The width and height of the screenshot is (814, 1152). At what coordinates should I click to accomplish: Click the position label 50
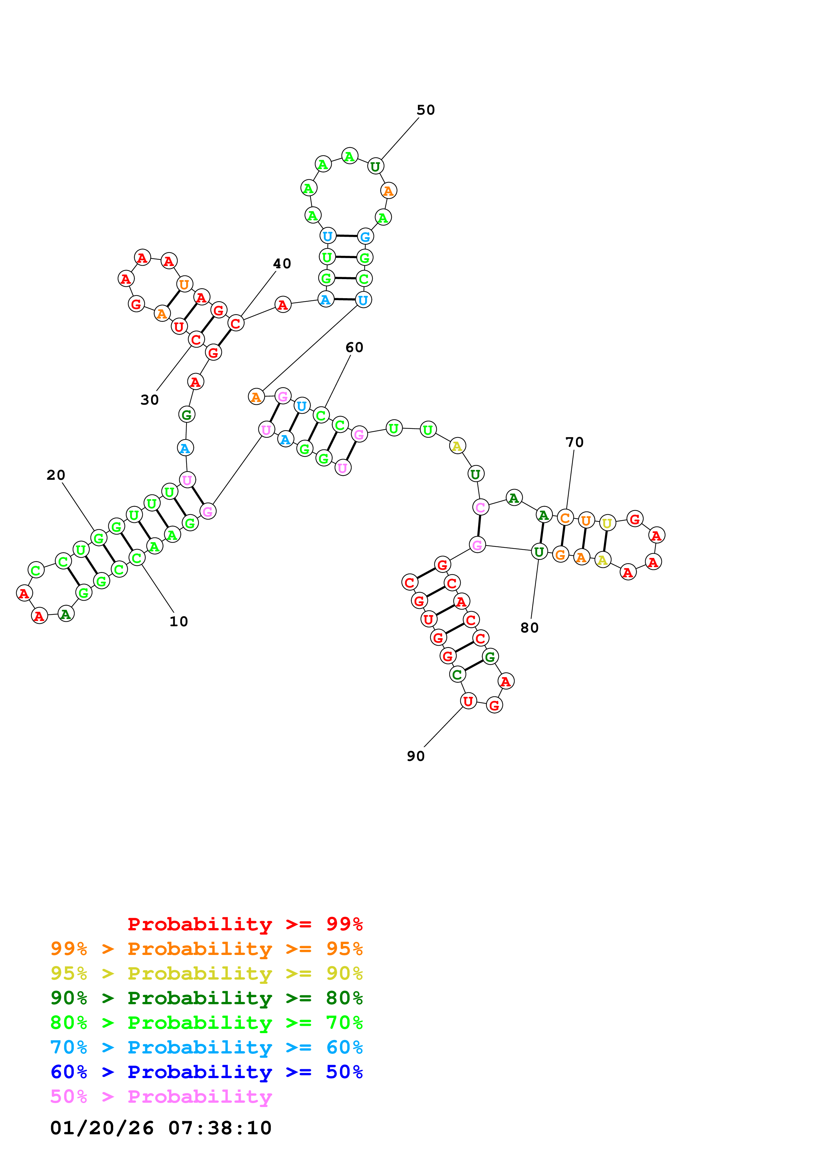426,110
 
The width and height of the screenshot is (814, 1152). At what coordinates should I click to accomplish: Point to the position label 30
149,400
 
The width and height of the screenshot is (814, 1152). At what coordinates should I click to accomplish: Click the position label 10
179,621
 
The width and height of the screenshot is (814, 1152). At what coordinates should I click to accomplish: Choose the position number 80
529,628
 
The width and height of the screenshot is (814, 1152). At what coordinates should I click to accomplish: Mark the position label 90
415,756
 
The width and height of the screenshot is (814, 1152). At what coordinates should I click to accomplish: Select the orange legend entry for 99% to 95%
206,948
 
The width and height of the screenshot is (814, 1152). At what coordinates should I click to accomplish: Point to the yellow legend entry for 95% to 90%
206,973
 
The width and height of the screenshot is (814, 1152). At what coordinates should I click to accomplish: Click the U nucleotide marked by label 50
375,166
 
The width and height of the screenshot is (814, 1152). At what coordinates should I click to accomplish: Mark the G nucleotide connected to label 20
99,538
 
